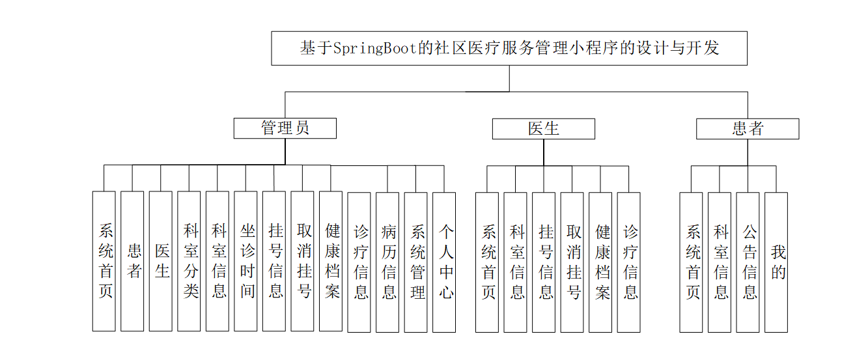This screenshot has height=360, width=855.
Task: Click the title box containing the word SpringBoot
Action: (509, 48)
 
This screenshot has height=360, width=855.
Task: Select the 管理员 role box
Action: (285, 128)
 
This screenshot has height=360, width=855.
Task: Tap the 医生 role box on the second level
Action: (543, 129)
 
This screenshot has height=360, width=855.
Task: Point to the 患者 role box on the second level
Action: (747, 129)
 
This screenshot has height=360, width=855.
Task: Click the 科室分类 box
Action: (189, 261)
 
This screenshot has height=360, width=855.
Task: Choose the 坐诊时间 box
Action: (246, 261)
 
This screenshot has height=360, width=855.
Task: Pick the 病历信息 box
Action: (389, 261)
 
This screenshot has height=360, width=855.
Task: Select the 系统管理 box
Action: (417, 261)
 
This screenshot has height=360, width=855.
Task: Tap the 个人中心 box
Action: (445, 261)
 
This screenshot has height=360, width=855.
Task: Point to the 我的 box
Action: (776, 261)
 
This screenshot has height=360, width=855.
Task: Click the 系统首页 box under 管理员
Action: (104, 261)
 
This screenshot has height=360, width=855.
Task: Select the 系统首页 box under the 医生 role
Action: (487, 261)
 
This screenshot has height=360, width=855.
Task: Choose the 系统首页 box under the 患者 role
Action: (691, 261)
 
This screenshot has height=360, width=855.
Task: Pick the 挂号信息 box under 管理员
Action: (275, 261)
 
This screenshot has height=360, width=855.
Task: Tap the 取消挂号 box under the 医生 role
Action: (572, 261)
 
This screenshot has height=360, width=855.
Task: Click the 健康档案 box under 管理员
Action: (331, 261)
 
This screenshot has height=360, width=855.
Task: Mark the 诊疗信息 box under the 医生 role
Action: (629, 261)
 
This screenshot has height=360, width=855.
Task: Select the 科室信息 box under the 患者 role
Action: (720, 261)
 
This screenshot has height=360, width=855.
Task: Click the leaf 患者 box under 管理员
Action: (133, 261)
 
